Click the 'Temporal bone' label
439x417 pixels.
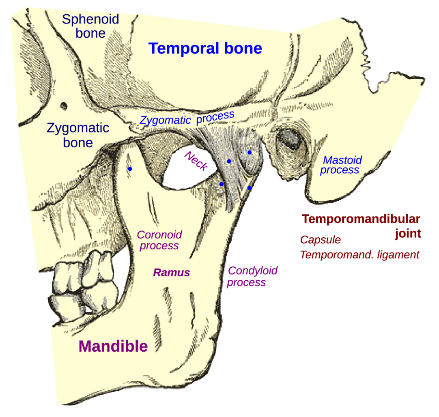(x=206, y=49)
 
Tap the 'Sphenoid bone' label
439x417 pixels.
(x=90, y=26)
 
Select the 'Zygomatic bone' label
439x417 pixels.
(x=78, y=135)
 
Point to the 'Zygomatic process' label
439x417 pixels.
(x=187, y=118)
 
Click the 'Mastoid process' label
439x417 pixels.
(x=340, y=165)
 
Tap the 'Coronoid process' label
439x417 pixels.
(x=159, y=240)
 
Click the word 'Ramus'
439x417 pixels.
(x=171, y=273)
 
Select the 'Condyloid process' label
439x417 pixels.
(x=252, y=276)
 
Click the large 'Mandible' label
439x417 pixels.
(x=113, y=346)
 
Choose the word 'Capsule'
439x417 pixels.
(x=320, y=240)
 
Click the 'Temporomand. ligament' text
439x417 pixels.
(x=359, y=255)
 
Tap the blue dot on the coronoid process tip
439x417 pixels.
(x=130, y=169)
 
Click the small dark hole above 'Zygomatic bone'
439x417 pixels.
(x=64, y=106)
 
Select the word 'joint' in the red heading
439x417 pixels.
(x=408, y=234)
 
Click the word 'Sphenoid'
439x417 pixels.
(x=90, y=19)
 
